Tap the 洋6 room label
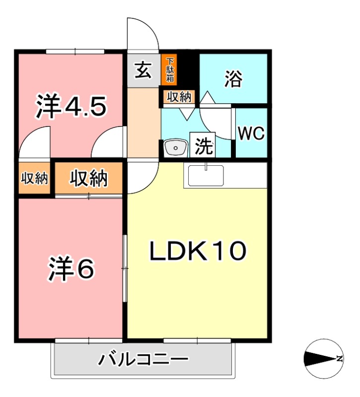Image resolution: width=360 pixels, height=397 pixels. pyautogui.click(x=71, y=268)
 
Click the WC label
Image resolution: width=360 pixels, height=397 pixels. pyautogui.click(x=251, y=133)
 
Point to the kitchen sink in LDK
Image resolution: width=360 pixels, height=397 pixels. pyautogui.click(x=205, y=176)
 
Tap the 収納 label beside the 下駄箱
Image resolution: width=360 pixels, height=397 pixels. pyautogui.click(x=178, y=97)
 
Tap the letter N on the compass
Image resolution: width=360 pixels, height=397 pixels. pyautogui.click(x=339, y=359)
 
